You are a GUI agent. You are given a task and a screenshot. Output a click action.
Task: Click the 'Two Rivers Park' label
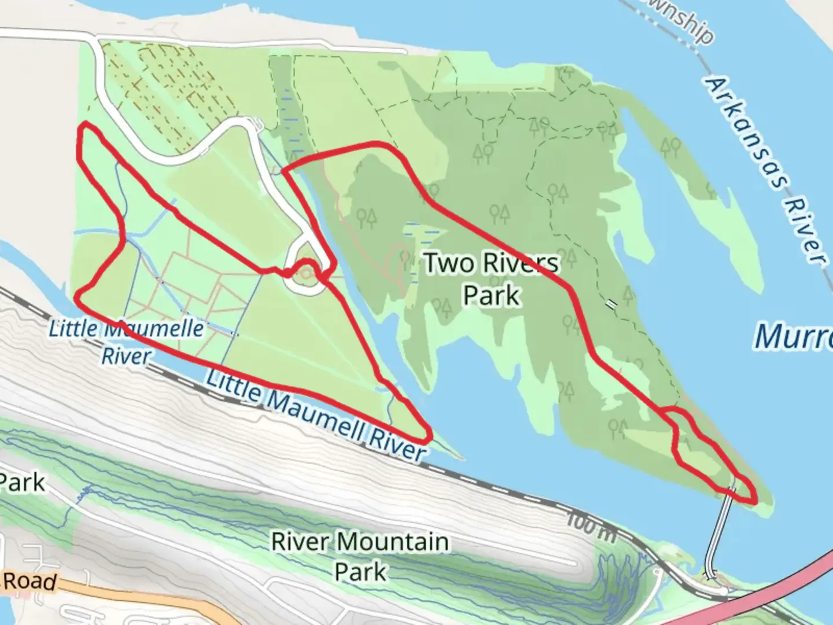pos(492,279)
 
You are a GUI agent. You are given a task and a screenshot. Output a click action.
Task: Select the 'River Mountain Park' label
pos(360,557)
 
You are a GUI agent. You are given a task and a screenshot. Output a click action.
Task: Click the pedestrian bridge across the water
pos(719,532)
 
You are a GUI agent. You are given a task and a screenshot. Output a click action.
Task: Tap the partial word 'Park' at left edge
pos(22,481)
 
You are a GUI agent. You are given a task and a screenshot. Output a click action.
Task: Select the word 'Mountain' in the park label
pos(393,542)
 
